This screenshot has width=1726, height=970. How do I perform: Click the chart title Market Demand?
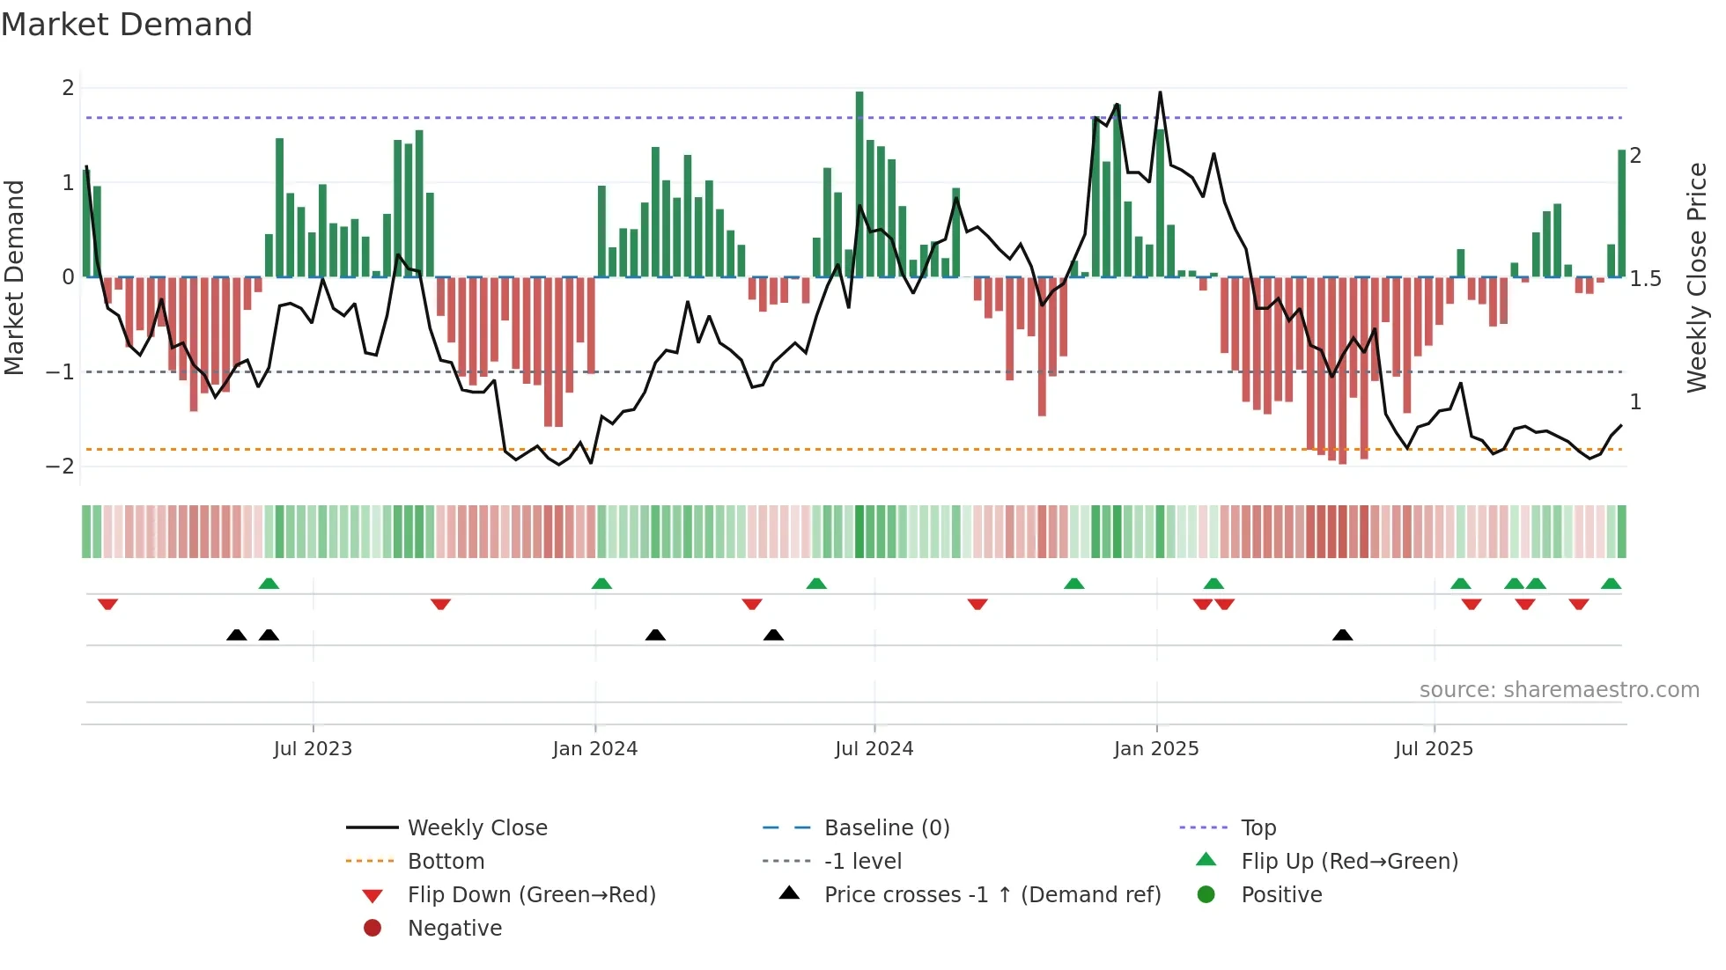pos(127,25)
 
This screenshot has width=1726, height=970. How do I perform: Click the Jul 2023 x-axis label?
pos(313,749)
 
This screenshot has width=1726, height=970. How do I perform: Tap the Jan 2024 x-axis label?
pos(595,749)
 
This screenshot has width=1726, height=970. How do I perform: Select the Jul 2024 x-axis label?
pos(874,749)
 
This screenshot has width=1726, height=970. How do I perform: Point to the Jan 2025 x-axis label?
pos(1156,749)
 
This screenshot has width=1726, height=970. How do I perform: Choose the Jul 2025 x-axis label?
pos(1434,749)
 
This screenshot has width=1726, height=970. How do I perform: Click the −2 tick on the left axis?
pos(61,467)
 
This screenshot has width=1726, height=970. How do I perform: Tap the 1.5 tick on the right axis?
pos(1645,279)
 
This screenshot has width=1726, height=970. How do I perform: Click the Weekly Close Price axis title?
pos(1697,277)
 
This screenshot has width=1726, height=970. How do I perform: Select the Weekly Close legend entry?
pos(476,828)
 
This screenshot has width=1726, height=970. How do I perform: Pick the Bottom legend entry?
pos(446,862)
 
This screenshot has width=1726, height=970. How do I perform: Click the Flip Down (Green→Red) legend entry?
pos(531,895)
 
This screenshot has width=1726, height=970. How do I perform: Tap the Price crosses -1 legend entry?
pos(992,895)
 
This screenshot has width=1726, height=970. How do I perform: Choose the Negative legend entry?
pos(454,929)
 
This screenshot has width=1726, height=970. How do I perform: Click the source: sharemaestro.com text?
pos(1559,690)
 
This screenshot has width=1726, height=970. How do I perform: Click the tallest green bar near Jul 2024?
pos(859,185)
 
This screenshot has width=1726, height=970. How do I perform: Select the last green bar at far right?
pos(1622,214)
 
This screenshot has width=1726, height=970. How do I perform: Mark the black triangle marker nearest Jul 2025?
pos(1342,636)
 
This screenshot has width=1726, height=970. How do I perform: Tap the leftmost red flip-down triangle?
pos(107,605)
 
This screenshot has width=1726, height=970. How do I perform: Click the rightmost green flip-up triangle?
pos(1611,584)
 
